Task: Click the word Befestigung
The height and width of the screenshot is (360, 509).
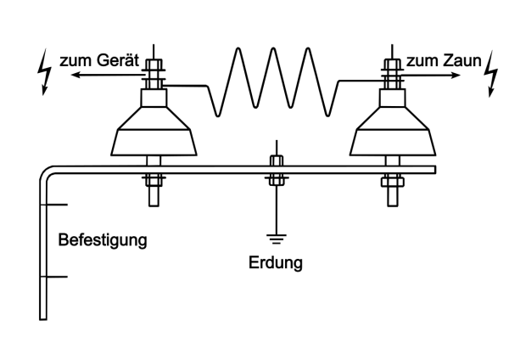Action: click(x=102, y=239)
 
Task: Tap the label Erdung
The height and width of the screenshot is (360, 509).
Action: click(x=275, y=262)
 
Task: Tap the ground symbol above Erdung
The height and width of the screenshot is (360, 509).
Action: click(x=275, y=235)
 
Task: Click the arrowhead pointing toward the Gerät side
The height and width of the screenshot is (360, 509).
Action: click(x=76, y=76)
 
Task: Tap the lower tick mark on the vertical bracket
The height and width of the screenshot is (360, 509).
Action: click(x=55, y=277)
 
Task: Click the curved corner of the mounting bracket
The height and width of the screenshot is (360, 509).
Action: click(x=47, y=172)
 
